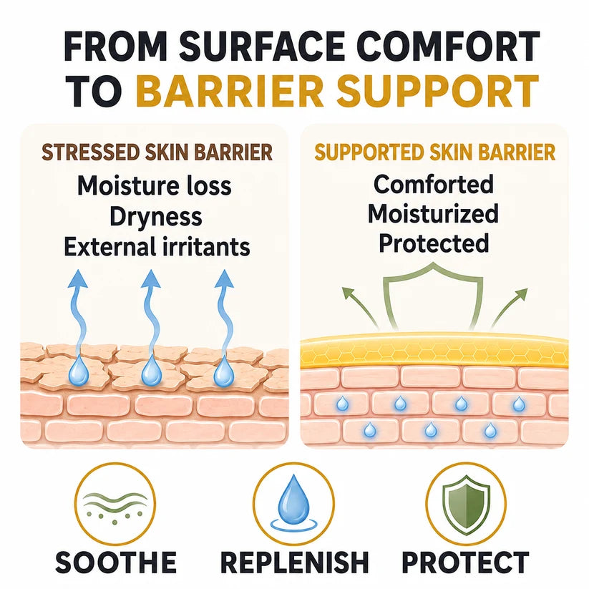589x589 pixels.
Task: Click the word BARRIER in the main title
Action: click(x=229, y=91)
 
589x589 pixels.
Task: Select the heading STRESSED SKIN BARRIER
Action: click(x=157, y=152)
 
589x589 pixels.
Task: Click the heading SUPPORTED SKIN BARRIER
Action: click(x=435, y=152)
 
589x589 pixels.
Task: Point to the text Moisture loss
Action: click(x=154, y=186)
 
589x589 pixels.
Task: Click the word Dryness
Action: click(x=156, y=217)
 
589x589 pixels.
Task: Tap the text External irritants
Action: click(x=157, y=247)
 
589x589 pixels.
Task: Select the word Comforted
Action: click(x=434, y=185)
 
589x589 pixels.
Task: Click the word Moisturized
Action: click(x=433, y=214)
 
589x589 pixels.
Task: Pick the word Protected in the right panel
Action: click(x=434, y=243)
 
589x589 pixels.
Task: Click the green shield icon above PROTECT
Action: click(x=466, y=505)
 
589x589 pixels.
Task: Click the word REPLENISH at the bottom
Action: click(x=295, y=563)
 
